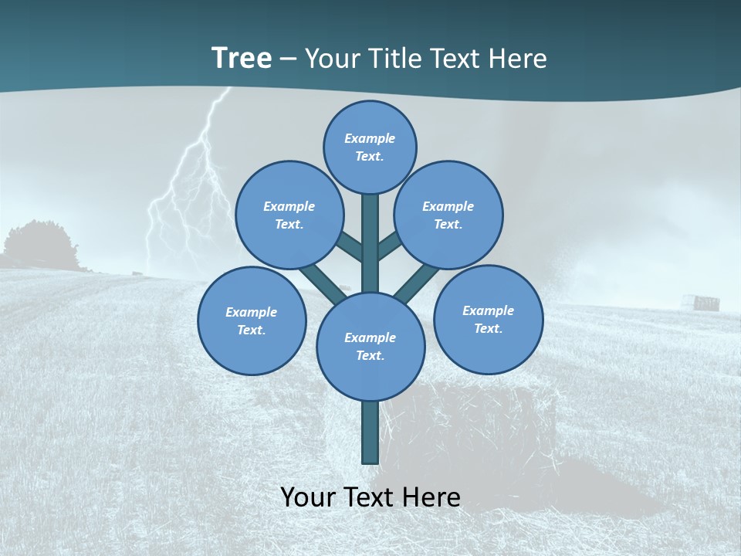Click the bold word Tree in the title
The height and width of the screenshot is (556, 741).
[x=242, y=58]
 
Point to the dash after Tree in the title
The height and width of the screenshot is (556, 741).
[x=288, y=59]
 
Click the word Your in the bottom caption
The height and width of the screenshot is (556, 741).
[x=308, y=497]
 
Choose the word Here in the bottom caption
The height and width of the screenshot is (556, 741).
[x=432, y=497]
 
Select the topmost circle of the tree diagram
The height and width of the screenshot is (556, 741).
[x=370, y=147]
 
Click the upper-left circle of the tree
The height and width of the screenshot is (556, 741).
[x=289, y=215]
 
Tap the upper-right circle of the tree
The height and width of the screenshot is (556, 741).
[x=448, y=215]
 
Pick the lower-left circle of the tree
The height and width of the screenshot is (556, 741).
[x=252, y=320]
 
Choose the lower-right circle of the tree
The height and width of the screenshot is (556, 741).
[x=488, y=319]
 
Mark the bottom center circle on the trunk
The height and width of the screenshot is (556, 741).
[x=370, y=346]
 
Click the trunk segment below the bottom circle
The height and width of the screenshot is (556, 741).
[x=370, y=432]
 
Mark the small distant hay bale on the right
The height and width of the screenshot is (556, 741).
[x=705, y=303]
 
